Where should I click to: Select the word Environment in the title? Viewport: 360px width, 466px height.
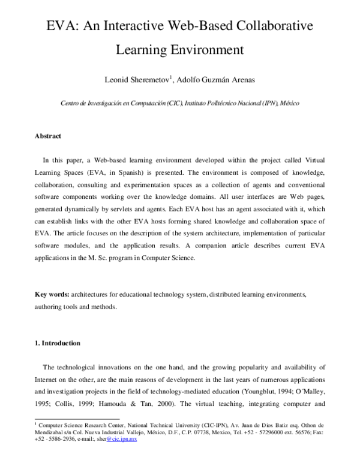(x=209, y=50)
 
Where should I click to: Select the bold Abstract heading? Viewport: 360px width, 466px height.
(x=48, y=136)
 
